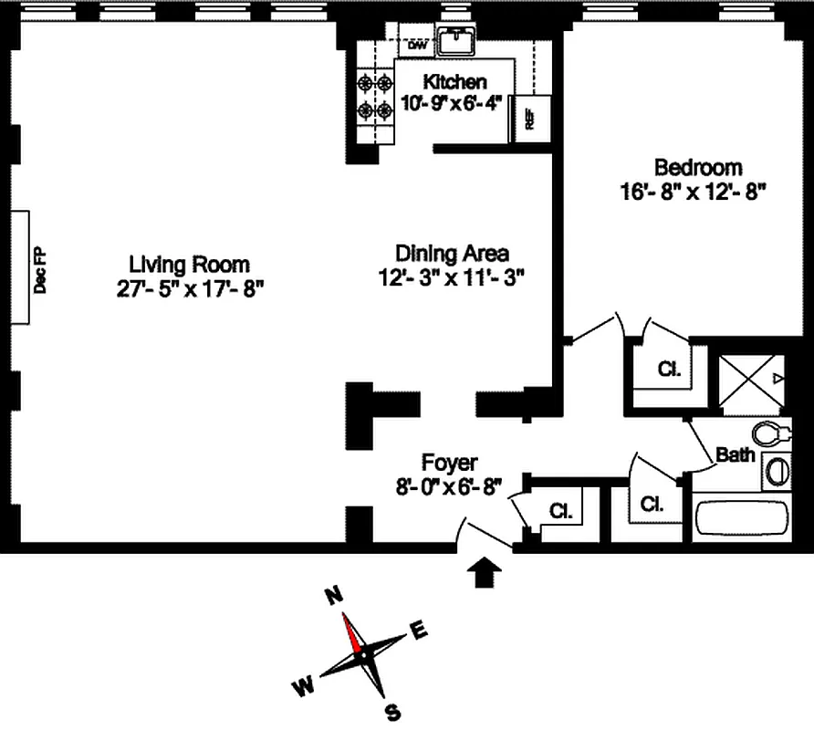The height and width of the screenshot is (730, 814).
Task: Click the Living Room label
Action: point(189,265)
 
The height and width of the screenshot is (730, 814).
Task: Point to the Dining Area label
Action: point(452,253)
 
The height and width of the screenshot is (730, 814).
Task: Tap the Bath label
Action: point(735,454)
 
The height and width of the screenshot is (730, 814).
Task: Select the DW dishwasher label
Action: point(416,45)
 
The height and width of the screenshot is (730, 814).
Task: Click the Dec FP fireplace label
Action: point(39,270)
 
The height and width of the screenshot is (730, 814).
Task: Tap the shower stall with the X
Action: point(748,379)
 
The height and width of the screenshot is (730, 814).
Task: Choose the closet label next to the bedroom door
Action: point(669,370)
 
